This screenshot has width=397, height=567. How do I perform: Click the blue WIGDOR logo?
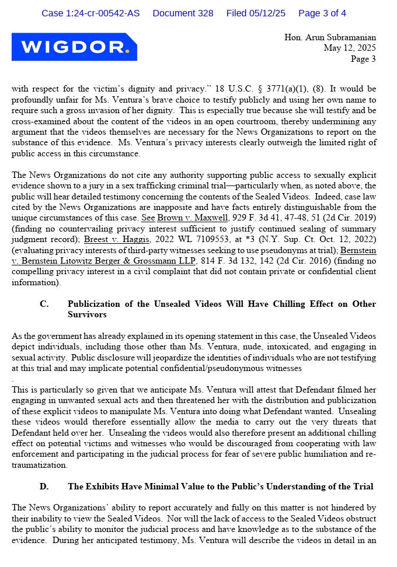coord(74,47)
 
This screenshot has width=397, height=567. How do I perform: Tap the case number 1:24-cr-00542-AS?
coord(90,13)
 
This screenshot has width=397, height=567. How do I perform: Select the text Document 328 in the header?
coord(183,13)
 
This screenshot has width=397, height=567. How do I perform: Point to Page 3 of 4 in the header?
coord(322,13)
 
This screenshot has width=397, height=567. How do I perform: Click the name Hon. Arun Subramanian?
coord(330,37)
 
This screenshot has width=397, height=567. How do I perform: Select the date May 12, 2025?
coord(350,48)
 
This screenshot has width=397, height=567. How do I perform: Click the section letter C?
coord(44,304)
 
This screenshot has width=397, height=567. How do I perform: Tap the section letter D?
coord(44,486)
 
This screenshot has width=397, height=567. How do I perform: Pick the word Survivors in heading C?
coord(86,314)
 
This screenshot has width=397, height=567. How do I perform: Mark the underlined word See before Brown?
coord(148,217)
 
